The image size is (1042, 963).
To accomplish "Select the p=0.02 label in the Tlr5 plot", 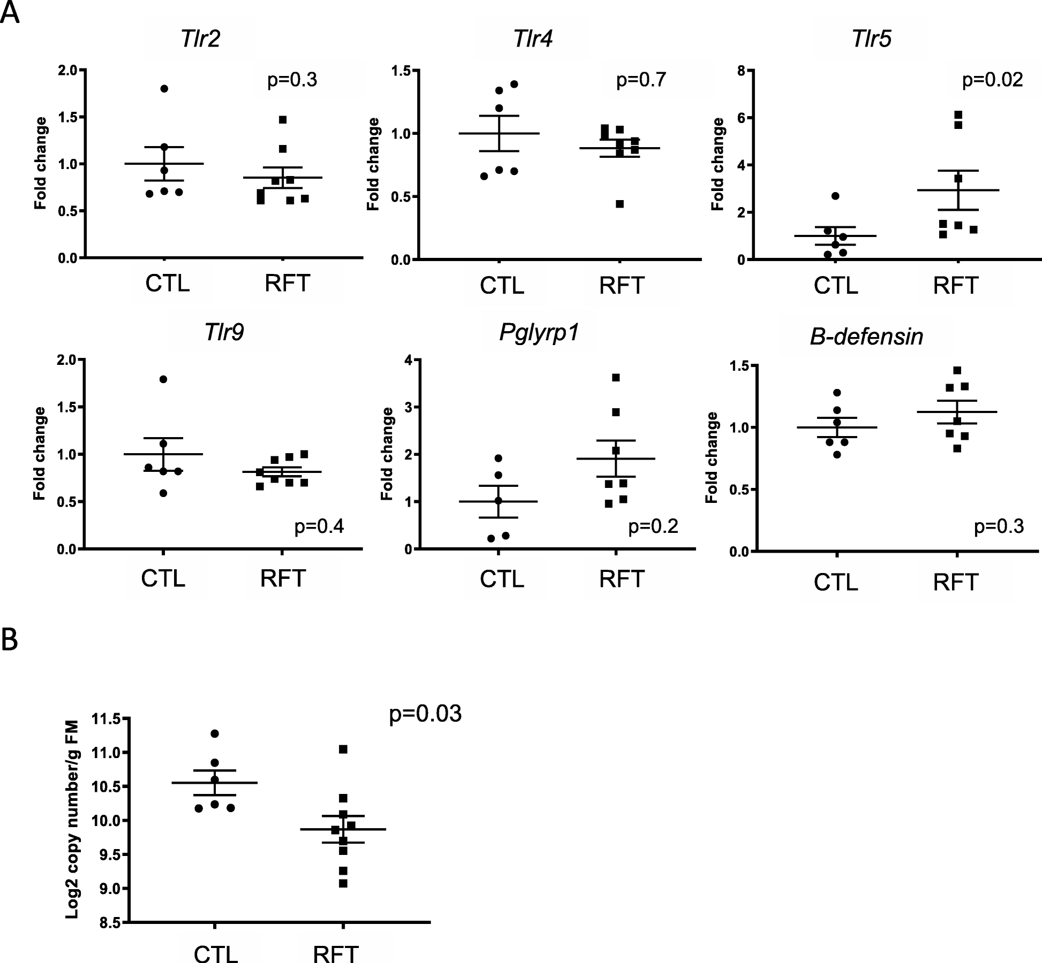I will pyautogui.click(x=992, y=80).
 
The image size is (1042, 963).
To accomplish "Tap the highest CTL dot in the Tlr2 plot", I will pyautogui.click(x=164, y=89).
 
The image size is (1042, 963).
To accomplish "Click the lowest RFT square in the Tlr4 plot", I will pyautogui.click(x=620, y=204).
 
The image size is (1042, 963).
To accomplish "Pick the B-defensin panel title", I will pyautogui.click(x=866, y=337).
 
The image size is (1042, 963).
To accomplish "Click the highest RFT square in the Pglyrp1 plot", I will pyautogui.click(x=616, y=378).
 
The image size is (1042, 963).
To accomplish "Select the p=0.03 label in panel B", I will pyautogui.click(x=425, y=714).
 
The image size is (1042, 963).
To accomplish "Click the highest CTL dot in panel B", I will pyautogui.click(x=215, y=733).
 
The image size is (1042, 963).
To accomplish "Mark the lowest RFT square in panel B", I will pyautogui.click(x=343, y=884).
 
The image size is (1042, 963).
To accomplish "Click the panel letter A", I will pyautogui.click(x=10, y=13).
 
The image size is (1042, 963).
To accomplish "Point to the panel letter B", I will pyautogui.click(x=10, y=639).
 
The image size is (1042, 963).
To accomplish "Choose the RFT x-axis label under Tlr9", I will pyautogui.click(x=283, y=578).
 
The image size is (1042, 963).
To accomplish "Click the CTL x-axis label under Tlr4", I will pyautogui.click(x=502, y=286).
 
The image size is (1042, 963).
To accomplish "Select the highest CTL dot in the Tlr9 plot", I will pyautogui.click(x=163, y=379).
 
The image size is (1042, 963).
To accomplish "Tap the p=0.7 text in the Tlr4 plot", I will pyautogui.click(x=641, y=80).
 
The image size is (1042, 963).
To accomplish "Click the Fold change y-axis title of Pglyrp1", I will pyautogui.click(x=387, y=454).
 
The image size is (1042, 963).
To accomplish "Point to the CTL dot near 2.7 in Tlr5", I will pyautogui.click(x=835, y=196).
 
